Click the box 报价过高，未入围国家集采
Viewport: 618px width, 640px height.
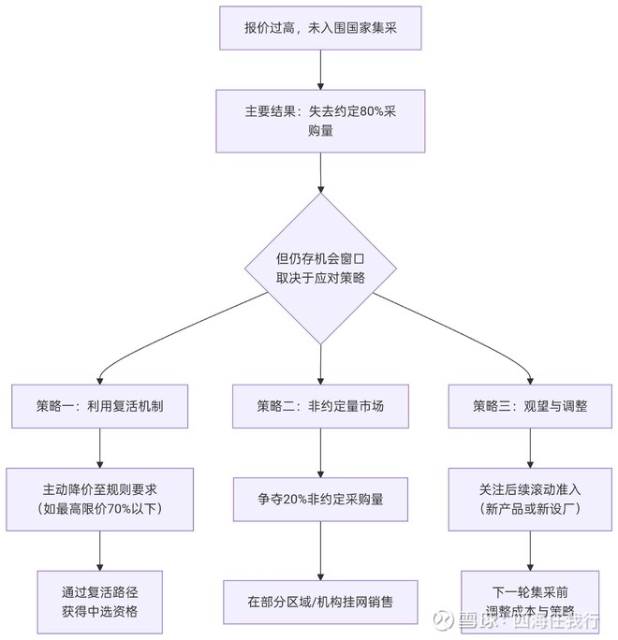[321, 28]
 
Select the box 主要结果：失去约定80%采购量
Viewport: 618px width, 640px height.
[321, 121]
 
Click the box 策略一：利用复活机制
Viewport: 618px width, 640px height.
[99, 406]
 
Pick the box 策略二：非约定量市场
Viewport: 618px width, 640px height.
[321, 406]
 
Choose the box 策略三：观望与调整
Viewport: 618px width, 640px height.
[530, 406]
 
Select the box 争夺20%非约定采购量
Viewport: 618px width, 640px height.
[321, 499]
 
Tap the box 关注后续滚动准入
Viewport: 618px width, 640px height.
[530, 498]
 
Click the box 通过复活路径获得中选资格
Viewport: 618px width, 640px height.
[100, 602]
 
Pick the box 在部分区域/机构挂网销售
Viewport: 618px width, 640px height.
[321, 602]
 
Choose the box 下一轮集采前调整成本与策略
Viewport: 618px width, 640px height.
[532, 602]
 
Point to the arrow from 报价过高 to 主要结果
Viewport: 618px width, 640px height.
[321, 69]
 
